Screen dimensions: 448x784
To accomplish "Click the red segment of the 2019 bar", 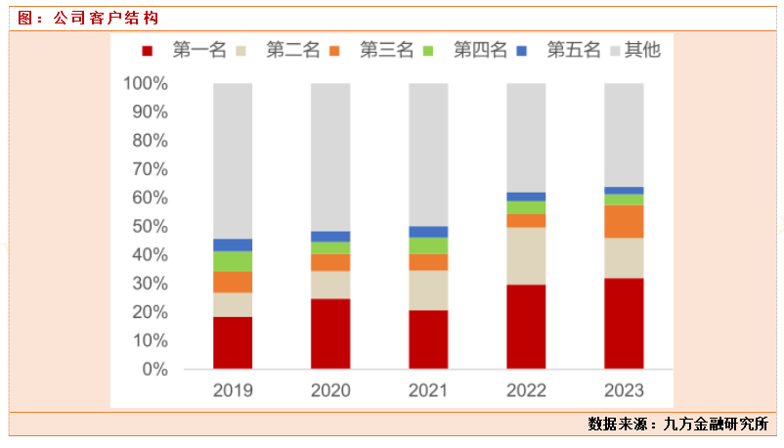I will click(233, 342).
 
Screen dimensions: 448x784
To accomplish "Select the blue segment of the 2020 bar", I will click(330, 236).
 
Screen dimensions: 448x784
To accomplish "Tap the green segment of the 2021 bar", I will click(428, 246).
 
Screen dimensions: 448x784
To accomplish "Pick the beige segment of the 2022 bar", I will click(526, 255).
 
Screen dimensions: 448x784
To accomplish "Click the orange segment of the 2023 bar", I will click(624, 221).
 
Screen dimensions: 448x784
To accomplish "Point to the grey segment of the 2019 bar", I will click(233, 160).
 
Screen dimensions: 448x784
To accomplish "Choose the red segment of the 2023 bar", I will click(624, 324).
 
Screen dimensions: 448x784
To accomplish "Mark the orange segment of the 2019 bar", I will click(233, 282).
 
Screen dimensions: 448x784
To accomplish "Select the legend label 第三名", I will click(386, 50).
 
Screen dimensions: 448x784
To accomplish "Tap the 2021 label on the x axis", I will click(428, 390).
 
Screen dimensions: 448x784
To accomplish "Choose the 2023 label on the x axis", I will click(624, 390).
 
